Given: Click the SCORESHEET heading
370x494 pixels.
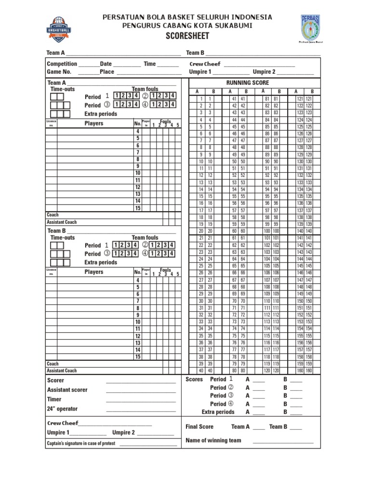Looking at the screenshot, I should pos(187,36).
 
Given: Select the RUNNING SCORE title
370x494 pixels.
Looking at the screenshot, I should pos(248,83).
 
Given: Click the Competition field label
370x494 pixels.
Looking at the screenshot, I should pos(62,64).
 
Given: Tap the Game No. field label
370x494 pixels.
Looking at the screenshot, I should pos(59,71).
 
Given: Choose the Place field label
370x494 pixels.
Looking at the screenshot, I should pos(107,71).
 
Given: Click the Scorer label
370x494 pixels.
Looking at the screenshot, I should pos(56,380).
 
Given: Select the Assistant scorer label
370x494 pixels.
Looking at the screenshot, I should pos(67,390).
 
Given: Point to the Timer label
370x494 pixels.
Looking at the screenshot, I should pos(54,399).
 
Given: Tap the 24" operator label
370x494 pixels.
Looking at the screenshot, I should pos(62,409).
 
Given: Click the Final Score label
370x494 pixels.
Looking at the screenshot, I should pos(199,426).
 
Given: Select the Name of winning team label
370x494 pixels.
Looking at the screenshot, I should pos(213,440).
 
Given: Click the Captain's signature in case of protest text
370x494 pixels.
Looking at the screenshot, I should pos(81,443).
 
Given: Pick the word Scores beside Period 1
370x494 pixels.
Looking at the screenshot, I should pos(194,379).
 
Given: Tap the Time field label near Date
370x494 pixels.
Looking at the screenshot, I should pos(150,64).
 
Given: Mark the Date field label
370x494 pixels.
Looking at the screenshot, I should pos(106,64).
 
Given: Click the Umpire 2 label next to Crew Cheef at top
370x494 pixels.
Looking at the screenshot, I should pos(264,72).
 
